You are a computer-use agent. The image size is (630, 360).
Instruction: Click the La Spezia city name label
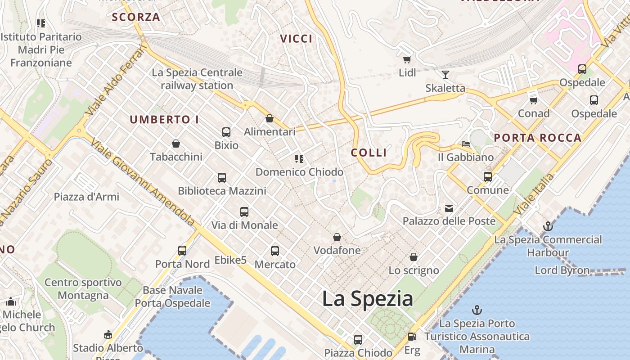click(368, 299)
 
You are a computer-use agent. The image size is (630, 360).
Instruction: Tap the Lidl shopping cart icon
click(407, 59)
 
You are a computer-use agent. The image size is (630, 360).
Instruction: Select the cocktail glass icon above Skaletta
click(445, 75)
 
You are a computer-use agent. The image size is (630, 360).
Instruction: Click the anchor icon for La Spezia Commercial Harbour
click(548, 226)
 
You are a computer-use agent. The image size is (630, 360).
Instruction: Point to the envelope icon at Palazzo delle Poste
click(449, 208)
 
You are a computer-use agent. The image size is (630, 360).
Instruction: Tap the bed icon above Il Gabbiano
click(466, 144)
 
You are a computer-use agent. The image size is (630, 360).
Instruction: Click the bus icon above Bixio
click(226, 132)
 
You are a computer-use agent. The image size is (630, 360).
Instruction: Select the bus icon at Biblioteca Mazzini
click(222, 178)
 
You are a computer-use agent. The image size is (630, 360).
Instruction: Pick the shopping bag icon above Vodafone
click(337, 237)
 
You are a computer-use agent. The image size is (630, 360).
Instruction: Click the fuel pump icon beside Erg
click(411, 337)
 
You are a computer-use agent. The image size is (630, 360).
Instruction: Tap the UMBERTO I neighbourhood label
click(164, 120)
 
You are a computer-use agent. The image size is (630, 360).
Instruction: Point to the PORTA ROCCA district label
click(538, 138)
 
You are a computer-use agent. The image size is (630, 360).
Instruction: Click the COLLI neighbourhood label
click(369, 153)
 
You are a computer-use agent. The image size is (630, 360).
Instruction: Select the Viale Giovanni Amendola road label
click(142, 182)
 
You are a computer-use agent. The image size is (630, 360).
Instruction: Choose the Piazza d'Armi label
click(86, 197)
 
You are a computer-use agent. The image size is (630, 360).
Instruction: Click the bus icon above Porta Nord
click(182, 251)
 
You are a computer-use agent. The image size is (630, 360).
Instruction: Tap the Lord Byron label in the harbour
click(562, 270)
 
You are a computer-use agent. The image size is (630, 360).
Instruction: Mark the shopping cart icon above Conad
click(534, 100)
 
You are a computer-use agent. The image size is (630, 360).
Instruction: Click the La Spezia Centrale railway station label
click(197, 79)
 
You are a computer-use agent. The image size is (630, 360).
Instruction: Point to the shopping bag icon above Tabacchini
click(176, 144)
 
